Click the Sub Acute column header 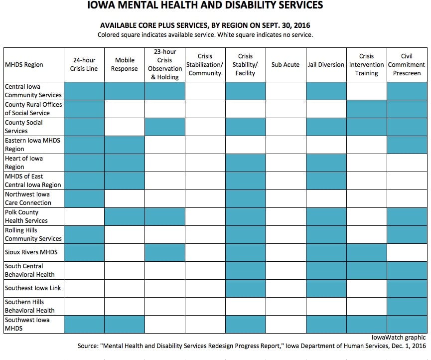286,65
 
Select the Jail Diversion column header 326,65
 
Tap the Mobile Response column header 125,64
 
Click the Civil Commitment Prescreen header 407,65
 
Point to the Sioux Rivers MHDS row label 31,252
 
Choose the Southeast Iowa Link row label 33,288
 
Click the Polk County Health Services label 26,216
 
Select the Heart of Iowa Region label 23,163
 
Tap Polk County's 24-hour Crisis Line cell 84,217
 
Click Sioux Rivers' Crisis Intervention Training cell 367,252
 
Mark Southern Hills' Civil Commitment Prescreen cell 407,306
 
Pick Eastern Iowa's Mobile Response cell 125,145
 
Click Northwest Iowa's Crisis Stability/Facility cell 246,198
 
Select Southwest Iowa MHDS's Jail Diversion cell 326,324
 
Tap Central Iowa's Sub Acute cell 286,91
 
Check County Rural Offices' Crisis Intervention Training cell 367,109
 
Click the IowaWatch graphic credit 399,338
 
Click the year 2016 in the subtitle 302,25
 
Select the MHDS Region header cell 24,65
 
